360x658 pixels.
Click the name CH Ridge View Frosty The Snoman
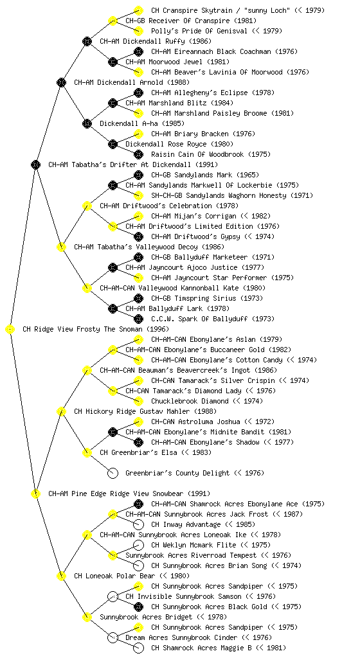point(82,330)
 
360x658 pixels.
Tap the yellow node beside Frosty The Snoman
point(10,330)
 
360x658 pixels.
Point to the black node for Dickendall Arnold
point(61,82)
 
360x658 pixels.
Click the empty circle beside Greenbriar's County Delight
point(113,473)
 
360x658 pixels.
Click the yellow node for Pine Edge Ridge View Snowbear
point(35,493)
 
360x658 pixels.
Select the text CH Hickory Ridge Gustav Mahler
point(132,412)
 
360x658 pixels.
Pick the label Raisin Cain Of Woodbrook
point(197,154)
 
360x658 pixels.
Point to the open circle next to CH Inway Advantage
point(138,524)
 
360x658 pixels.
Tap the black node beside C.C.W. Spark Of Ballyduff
point(138,319)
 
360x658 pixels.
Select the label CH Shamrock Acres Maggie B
point(201,648)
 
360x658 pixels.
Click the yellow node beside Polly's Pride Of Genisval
point(138,31)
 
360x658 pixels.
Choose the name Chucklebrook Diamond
point(190,401)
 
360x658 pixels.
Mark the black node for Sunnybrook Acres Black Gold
point(138,607)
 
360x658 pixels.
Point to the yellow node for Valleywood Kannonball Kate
point(87,289)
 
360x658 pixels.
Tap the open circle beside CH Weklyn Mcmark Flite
point(138,545)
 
